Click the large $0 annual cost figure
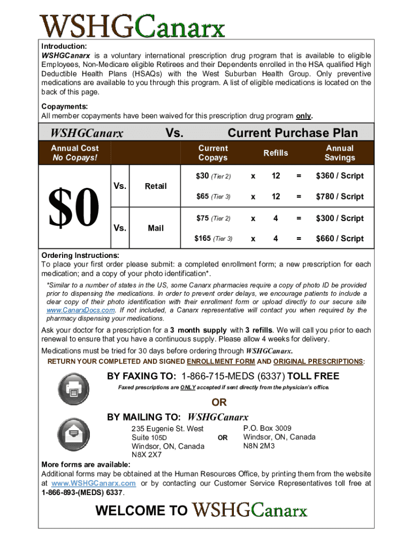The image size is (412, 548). point(74,207)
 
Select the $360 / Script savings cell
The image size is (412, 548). point(339,176)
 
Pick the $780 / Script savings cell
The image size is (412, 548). point(339,196)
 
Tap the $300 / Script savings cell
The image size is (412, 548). point(339,218)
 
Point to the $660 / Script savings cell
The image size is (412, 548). point(339,239)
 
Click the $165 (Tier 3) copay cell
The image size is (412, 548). point(213,239)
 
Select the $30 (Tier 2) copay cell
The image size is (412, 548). point(213,176)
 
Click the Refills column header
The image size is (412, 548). point(276,153)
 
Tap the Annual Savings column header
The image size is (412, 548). point(339,153)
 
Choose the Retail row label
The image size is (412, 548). point(156,186)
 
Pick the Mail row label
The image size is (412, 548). point(156,228)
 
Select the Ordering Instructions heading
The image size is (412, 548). point(80,255)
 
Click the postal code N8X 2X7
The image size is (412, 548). point(147,455)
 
